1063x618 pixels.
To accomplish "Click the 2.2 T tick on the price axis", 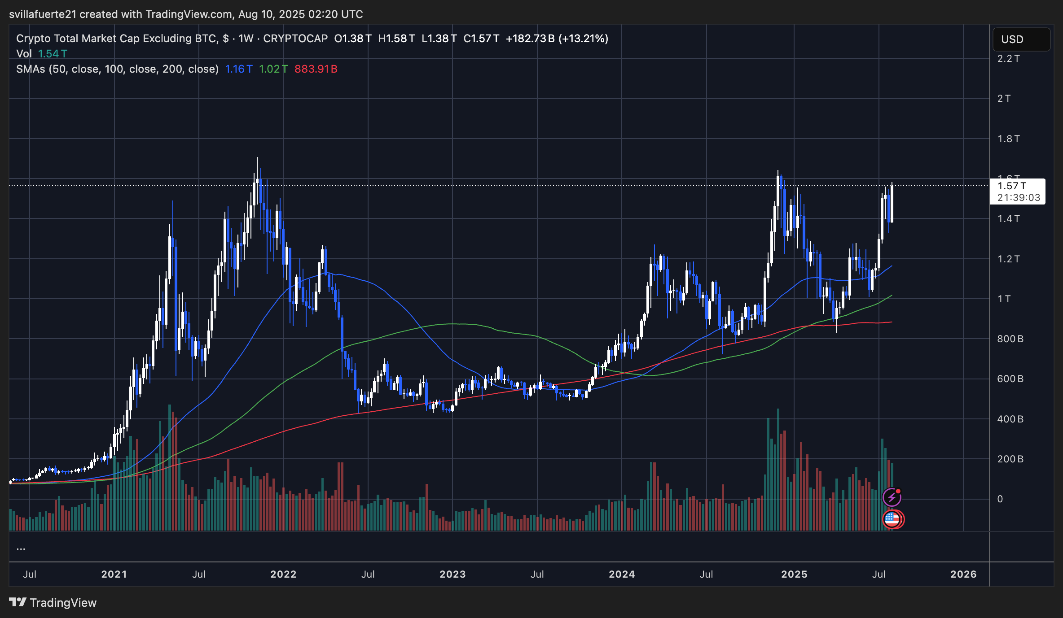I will [x=1008, y=59].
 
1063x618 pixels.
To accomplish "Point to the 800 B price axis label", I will [x=1010, y=339].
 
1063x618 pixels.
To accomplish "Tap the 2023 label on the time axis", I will [x=452, y=574].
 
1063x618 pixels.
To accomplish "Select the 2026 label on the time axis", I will [x=963, y=574].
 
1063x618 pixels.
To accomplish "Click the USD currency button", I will [x=1021, y=39].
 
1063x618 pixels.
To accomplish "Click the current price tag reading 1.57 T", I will [x=1012, y=186].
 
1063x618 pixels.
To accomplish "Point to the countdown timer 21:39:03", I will [x=1019, y=197].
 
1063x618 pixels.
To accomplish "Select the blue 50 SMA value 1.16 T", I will [x=238, y=69].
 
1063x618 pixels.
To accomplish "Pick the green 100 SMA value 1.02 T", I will [x=273, y=69].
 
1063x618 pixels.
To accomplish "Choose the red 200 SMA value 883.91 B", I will [x=316, y=69].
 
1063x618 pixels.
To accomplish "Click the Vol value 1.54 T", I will [x=52, y=54].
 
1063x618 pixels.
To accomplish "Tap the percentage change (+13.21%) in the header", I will [x=583, y=39].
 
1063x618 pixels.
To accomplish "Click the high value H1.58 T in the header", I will [x=396, y=39].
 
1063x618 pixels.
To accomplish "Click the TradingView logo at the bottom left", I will [x=53, y=602].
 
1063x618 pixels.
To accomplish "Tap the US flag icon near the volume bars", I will [x=892, y=519].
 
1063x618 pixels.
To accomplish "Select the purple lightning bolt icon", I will [x=892, y=497].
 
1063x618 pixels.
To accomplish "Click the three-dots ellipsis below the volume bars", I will [x=21, y=548].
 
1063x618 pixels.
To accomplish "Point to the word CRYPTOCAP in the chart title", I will [x=295, y=39].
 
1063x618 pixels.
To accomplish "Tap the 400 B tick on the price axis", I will [x=1010, y=419].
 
